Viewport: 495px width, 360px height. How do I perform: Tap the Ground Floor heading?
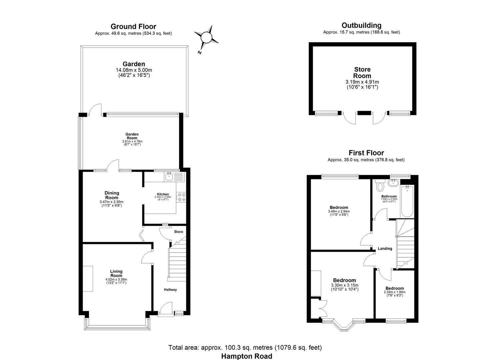coord(133,26)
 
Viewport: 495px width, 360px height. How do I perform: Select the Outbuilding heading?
coord(361,25)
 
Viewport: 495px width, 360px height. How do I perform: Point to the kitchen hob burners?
coord(181,197)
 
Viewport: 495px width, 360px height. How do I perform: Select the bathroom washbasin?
coord(394,182)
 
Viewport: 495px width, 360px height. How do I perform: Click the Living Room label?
coord(116,273)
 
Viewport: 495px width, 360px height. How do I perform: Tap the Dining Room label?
coord(112,195)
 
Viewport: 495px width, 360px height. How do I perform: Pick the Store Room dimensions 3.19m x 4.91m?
coord(362,82)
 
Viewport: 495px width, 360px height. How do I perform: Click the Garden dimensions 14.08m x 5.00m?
coord(134,70)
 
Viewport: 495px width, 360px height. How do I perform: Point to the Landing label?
coord(385,249)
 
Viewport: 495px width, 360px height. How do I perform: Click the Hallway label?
coord(170,290)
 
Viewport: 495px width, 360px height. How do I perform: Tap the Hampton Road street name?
coord(247,356)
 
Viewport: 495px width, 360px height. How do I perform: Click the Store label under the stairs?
coord(179,232)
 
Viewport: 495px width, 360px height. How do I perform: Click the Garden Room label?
coord(132,136)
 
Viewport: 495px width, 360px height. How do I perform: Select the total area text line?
coord(245,348)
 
